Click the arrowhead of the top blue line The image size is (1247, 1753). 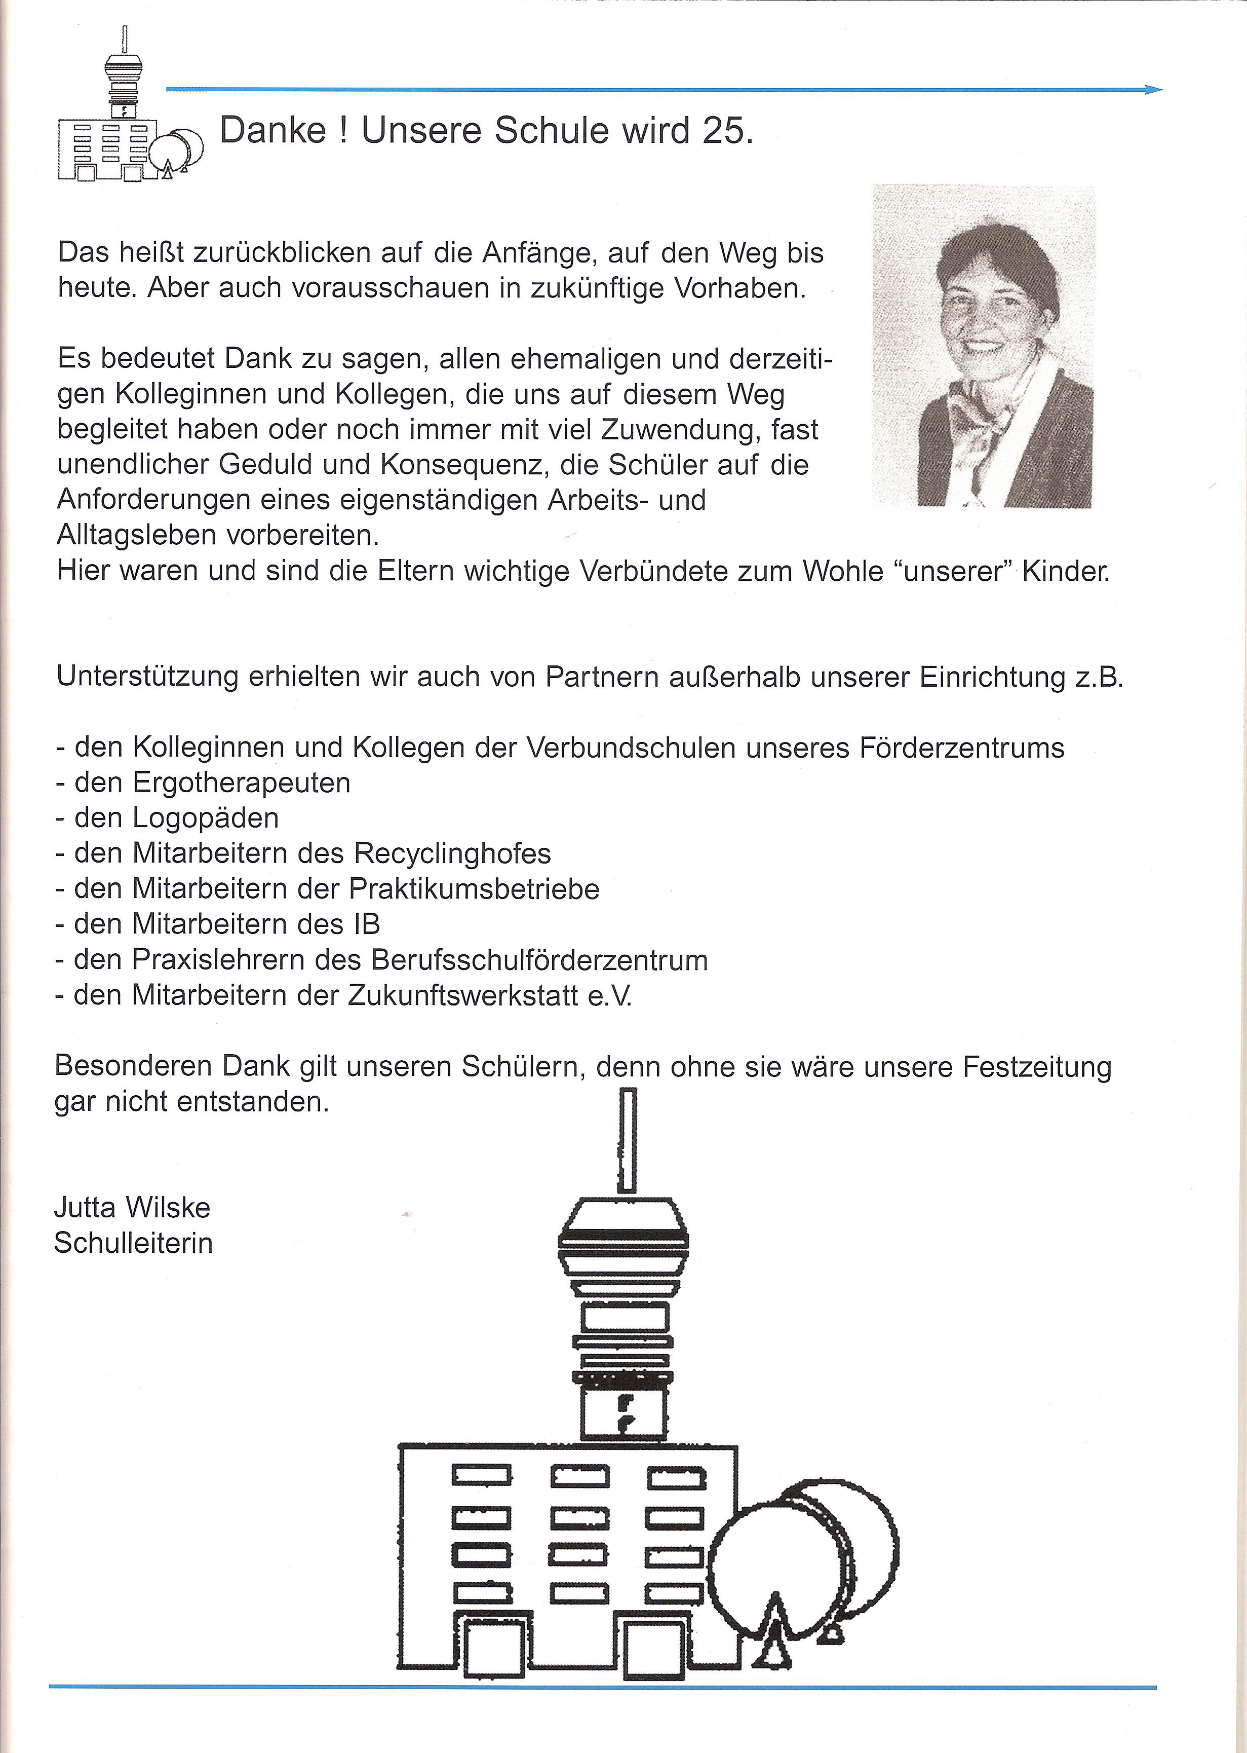(1154, 90)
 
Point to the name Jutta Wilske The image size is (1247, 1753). (132, 1208)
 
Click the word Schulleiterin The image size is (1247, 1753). (134, 1243)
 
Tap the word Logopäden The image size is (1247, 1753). (206, 818)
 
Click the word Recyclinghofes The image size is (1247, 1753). (452, 853)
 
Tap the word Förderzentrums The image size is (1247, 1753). (957, 748)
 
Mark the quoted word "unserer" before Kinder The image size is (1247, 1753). (955, 572)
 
